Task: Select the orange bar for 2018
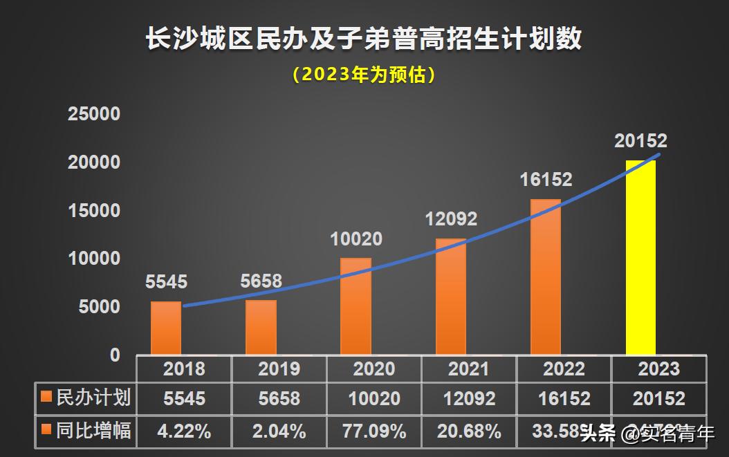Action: pyautogui.click(x=166, y=328)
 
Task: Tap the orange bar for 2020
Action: pyautogui.click(x=356, y=306)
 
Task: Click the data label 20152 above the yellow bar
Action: pyautogui.click(x=640, y=141)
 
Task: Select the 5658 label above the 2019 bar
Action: pyautogui.click(x=261, y=281)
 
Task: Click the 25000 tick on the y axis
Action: pyautogui.click(x=94, y=114)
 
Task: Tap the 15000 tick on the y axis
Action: pyautogui.click(x=94, y=210)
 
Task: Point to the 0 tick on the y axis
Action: pyautogui.click(x=115, y=355)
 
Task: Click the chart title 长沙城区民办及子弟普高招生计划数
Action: pyautogui.click(x=364, y=39)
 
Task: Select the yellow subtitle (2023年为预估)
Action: pyautogui.click(x=364, y=75)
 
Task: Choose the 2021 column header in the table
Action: pyautogui.click(x=468, y=369)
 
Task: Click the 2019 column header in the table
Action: pyautogui.click(x=279, y=369)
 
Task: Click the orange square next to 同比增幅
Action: pyautogui.click(x=46, y=431)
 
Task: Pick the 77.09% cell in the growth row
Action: pyautogui.click(x=373, y=432)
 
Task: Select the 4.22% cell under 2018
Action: pyautogui.click(x=184, y=432)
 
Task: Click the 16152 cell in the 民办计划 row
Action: pyautogui.click(x=563, y=399)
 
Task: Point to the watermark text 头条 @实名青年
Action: pyautogui.click(x=647, y=434)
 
